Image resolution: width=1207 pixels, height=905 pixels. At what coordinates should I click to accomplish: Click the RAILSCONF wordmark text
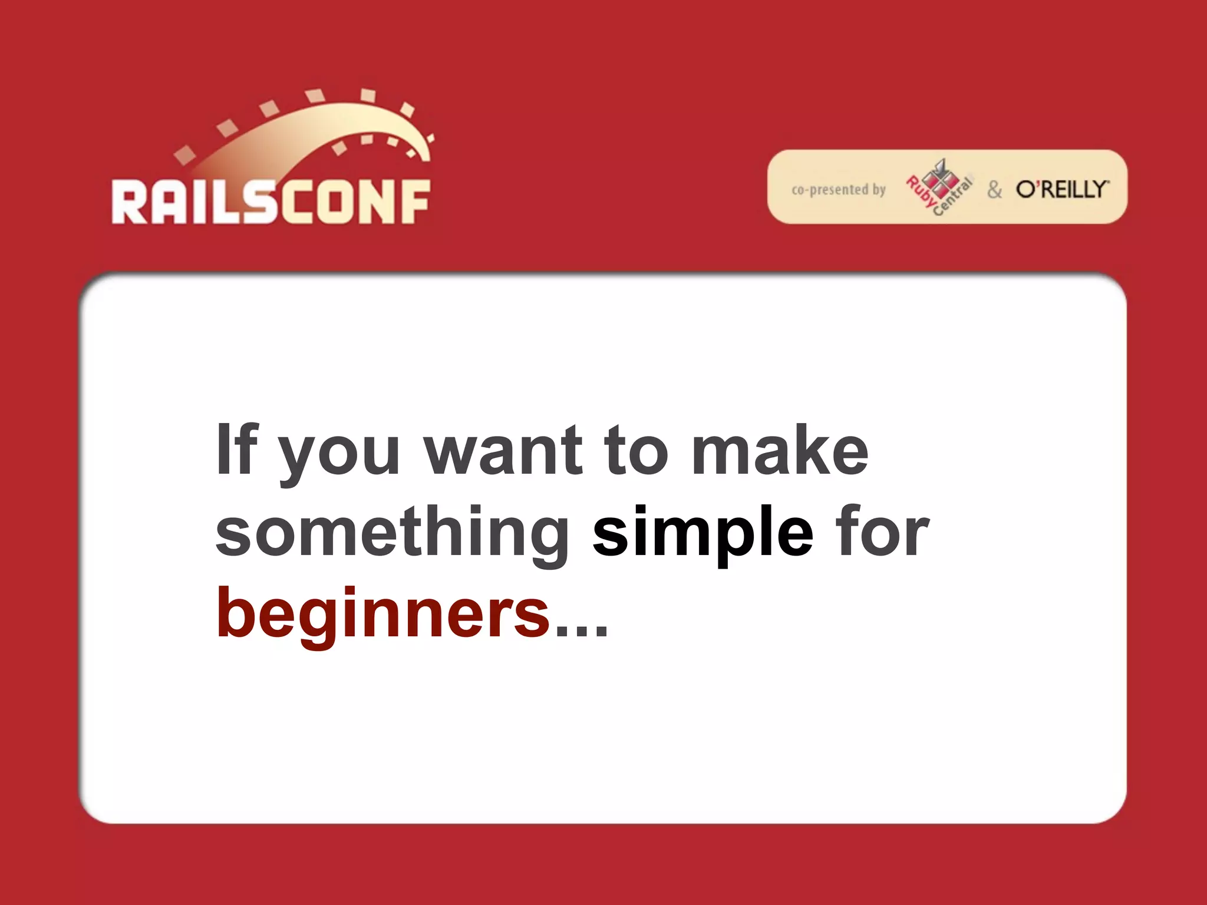(x=271, y=202)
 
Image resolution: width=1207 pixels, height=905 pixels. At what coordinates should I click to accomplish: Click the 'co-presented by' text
(x=838, y=190)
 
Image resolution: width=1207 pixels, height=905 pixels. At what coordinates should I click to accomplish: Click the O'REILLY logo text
(x=1061, y=189)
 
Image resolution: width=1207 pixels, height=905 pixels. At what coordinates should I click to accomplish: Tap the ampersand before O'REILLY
(x=994, y=190)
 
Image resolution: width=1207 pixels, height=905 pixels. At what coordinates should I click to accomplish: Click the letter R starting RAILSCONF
(x=130, y=202)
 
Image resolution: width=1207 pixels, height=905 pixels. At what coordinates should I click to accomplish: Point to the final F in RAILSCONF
(x=414, y=202)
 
